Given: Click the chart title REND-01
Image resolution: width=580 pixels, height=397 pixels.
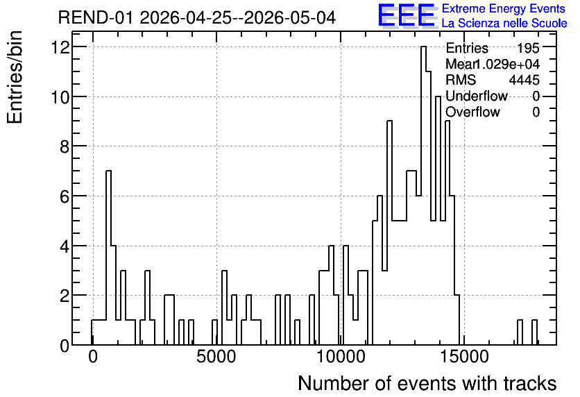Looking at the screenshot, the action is point(95,17).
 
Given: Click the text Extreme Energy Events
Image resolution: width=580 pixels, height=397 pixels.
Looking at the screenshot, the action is point(504,8).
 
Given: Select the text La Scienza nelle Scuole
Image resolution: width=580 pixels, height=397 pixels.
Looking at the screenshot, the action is point(504,24).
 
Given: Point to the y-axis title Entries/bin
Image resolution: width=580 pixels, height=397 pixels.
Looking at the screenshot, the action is point(15,77).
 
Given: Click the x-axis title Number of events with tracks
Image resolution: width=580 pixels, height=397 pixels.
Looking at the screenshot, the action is point(427,383).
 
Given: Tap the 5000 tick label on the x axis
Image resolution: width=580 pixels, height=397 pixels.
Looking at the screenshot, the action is point(216,357).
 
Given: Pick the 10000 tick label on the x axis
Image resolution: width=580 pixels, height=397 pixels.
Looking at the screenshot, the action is point(341,357).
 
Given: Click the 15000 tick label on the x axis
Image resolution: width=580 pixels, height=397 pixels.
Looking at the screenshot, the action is point(464,357).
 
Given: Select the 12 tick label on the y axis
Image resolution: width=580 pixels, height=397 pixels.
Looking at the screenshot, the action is point(61,47).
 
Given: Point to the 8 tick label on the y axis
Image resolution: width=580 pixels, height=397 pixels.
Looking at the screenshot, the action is point(65,146).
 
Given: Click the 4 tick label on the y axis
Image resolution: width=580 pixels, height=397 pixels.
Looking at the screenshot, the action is point(65,246).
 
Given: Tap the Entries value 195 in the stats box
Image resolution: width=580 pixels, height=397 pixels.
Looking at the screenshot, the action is point(528,48).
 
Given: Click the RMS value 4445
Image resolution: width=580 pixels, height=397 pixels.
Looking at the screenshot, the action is point(524,80).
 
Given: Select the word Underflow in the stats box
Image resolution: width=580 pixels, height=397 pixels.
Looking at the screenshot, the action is point(477,96).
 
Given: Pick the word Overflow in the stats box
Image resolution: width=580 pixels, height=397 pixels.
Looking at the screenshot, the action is point(472,112).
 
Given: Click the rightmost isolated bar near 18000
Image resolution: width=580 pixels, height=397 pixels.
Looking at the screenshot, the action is point(534,332).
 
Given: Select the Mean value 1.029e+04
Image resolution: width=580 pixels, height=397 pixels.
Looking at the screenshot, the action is point(506,64).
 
